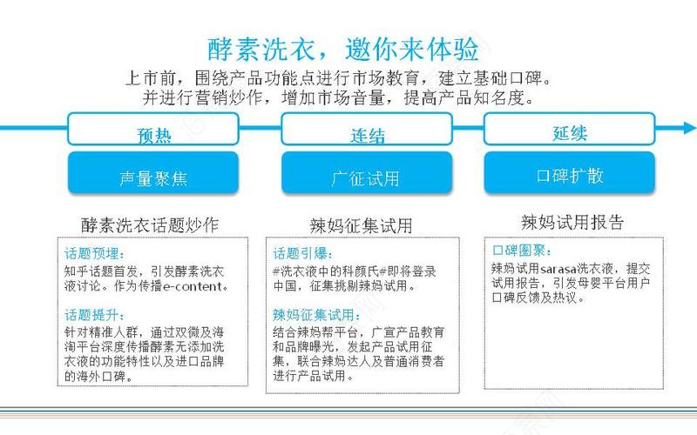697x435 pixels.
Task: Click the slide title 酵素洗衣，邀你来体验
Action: coord(343,49)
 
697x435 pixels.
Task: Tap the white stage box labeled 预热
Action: coord(153,129)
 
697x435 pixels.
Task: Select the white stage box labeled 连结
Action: coord(367,129)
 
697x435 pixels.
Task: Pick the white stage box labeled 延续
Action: coord(570,129)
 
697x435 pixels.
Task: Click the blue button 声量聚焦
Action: coord(153,172)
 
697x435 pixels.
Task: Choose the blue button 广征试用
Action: coord(367,172)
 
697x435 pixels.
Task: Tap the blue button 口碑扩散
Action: coord(570,172)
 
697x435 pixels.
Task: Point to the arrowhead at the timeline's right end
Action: coord(690,128)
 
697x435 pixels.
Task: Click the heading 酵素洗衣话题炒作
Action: coord(150,225)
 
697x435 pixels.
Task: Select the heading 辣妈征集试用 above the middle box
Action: coord(361,225)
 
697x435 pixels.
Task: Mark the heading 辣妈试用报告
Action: coord(572,222)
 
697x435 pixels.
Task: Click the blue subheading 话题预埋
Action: coord(94,253)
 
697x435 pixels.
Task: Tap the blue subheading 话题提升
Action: coord(94,315)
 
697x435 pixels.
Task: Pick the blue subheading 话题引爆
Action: coord(302,253)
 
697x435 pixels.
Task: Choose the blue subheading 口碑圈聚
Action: coord(522,251)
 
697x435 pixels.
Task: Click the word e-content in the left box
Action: coord(193,286)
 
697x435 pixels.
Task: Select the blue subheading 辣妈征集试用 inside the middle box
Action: coord(316,315)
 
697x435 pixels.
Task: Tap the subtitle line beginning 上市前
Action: coord(339,78)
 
